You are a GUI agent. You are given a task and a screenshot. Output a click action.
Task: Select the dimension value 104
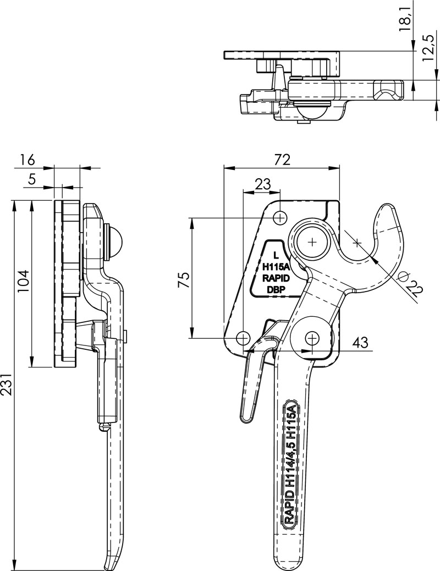click(24, 282)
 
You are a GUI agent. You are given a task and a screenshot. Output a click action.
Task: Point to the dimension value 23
click(262, 185)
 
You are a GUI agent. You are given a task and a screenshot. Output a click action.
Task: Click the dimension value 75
click(185, 279)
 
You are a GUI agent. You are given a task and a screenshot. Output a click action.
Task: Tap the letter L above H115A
click(276, 255)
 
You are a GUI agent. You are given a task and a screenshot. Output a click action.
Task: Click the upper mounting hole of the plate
click(281, 218)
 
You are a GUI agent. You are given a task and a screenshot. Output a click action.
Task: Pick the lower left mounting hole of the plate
click(243, 337)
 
